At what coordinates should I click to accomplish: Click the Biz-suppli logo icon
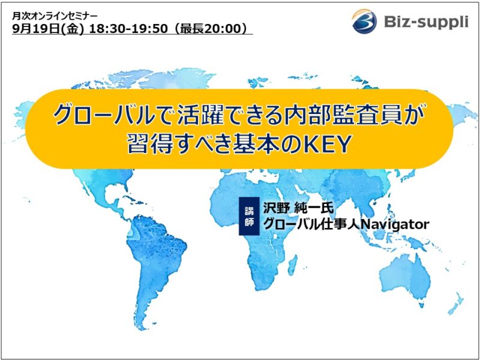point(364,21)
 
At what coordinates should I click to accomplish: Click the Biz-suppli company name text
point(426,22)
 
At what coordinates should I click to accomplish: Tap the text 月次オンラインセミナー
point(55,16)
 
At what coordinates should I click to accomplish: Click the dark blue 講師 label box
point(249,216)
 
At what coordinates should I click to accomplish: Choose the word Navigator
point(394,224)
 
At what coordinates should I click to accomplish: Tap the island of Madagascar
point(292,265)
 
